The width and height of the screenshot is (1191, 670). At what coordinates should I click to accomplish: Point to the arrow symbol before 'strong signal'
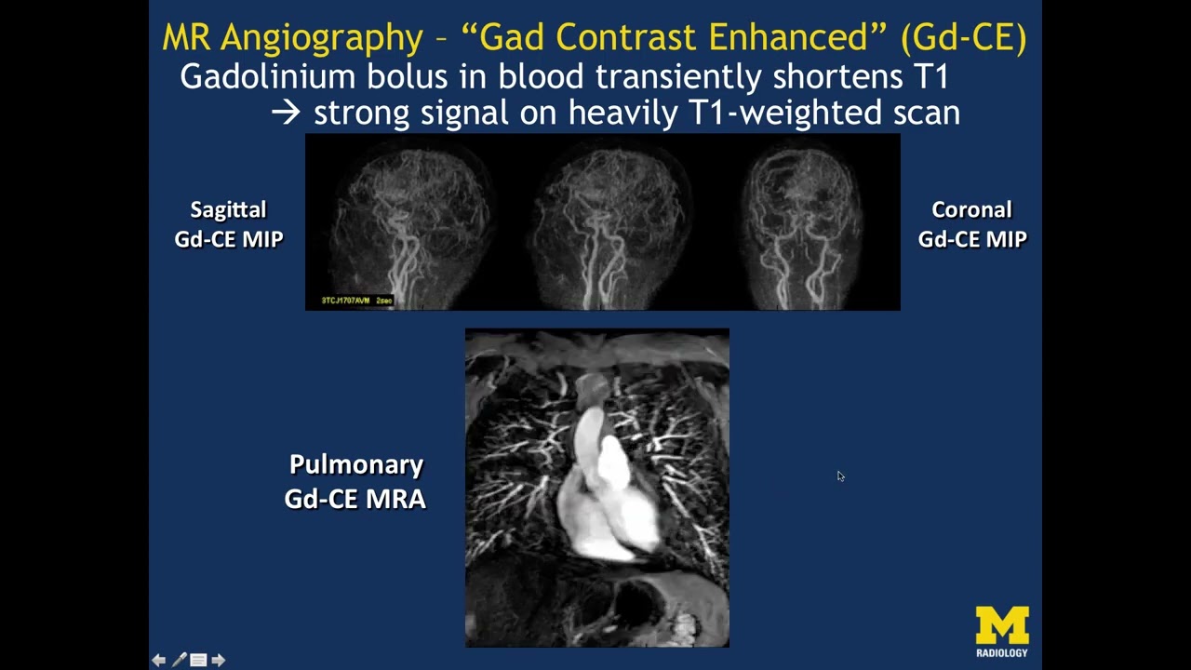(286, 114)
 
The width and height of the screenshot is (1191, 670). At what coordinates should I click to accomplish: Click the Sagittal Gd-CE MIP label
(229, 224)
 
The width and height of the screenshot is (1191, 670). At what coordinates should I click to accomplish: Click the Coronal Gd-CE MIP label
(971, 224)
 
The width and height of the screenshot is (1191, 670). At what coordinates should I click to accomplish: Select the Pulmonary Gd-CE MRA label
(355, 481)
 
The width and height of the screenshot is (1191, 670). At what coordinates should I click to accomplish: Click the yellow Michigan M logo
(1002, 624)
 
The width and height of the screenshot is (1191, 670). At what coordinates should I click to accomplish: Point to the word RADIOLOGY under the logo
(1002, 652)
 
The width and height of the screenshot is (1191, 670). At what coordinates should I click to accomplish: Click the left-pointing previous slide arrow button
(159, 660)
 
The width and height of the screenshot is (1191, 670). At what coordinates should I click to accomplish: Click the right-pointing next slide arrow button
(219, 660)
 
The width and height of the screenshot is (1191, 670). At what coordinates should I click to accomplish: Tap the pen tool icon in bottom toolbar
(179, 660)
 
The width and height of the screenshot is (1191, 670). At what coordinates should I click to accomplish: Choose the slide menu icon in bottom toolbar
(198, 660)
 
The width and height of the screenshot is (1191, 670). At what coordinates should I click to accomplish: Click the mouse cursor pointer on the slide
(840, 476)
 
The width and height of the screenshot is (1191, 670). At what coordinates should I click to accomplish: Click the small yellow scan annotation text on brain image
(356, 301)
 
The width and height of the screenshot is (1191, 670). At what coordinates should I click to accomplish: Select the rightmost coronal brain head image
(802, 223)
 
